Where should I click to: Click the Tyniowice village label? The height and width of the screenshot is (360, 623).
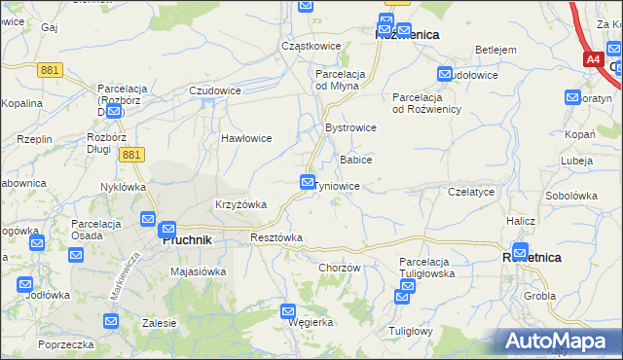click(x=339, y=186)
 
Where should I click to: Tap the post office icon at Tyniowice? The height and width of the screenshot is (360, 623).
click(x=308, y=182)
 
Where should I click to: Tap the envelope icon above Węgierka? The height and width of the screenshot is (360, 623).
click(x=289, y=311)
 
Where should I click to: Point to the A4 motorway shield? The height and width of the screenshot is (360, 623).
click(x=594, y=59)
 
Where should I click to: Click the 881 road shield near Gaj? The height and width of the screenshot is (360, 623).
click(x=52, y=69)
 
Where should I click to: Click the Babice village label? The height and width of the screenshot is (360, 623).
click(x=355, y=159)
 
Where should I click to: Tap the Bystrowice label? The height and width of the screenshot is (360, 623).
click(x=350, y=127)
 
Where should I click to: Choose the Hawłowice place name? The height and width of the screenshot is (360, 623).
click(x=245, y=138)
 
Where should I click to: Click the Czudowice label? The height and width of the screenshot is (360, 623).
click(x=215, y=90)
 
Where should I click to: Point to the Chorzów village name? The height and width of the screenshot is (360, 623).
click(x=340, y=268)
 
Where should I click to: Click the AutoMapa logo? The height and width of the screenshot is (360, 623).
click(x=559, y=342)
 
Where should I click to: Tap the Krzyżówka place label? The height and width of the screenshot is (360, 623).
click(x=240, y=204)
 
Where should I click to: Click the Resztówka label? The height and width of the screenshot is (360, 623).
click(x=276, y=237)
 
